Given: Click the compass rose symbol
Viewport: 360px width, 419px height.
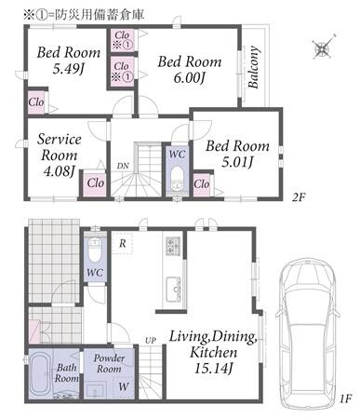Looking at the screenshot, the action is tap(324, 47).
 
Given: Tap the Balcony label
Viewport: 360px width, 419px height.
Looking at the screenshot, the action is tap(254, 67).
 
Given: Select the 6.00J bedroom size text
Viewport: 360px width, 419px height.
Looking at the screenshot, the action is tap(189, 78).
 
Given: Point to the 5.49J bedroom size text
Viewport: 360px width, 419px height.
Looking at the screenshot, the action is tap(69, 69).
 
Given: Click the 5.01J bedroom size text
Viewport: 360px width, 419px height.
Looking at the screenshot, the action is tap(237, 162).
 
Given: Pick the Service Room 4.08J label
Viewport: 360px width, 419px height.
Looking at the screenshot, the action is tap(60, 155).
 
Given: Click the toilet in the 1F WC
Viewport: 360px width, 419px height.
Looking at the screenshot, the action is tap(94, 250).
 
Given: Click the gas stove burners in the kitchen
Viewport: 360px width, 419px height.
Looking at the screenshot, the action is tap(173, 246).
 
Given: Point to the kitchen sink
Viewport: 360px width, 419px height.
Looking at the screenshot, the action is tap(174, 290).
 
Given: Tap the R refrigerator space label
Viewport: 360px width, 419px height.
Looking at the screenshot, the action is tap(123, 243).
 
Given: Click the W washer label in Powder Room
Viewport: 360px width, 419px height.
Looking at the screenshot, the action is tap(124, 386).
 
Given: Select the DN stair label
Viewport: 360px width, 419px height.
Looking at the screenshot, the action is tap(123, 166).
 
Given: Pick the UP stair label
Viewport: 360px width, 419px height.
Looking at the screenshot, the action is tap(151, 340).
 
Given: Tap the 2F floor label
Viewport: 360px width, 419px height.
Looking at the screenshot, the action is tap(299, 196).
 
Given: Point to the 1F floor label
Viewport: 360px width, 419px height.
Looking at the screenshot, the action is tap(345, 399).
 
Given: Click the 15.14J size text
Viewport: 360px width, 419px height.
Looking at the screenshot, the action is tap(214, 369).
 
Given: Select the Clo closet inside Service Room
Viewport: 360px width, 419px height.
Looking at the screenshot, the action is tap(95, 183).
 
